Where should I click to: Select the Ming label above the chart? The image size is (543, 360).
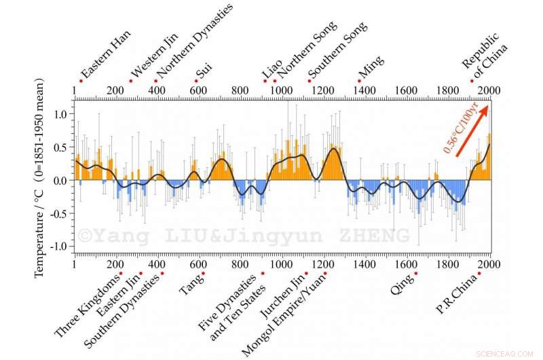(371, 69)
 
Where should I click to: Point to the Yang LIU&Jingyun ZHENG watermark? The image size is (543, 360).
(244, 236)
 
